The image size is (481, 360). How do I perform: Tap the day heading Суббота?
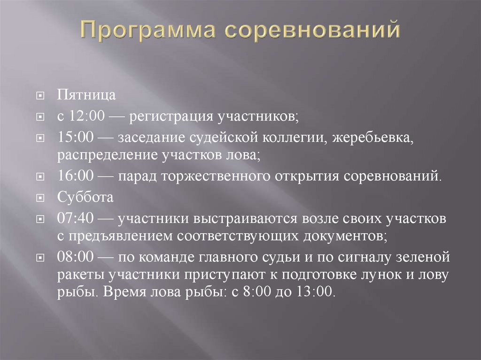click(85, 197)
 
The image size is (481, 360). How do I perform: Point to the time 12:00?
click(82, 116)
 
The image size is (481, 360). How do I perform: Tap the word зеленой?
click(425, 257)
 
